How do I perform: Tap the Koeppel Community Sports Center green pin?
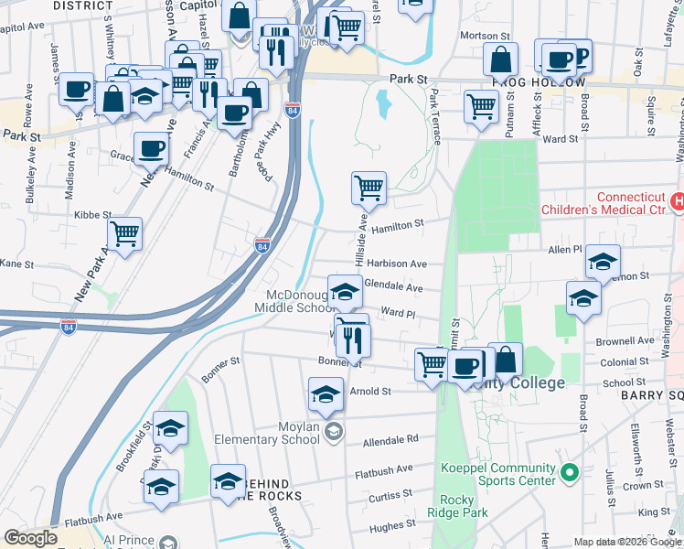point(570,473)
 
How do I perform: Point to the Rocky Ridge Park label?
point(456,506)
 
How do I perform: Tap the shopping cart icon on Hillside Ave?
point(369,188)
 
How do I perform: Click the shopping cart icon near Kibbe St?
point(124,233)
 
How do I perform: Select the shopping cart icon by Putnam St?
point(481,106)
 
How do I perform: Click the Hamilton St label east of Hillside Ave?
point(399,224)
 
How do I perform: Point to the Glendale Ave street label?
point(393,287)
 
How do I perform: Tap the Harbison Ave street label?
point(400,264)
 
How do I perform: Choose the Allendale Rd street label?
point(390,440)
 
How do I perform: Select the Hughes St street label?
point(387,525)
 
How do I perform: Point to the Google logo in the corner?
point(30,538)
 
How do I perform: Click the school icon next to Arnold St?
point(326,393)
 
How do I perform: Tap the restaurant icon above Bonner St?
point(352,340)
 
